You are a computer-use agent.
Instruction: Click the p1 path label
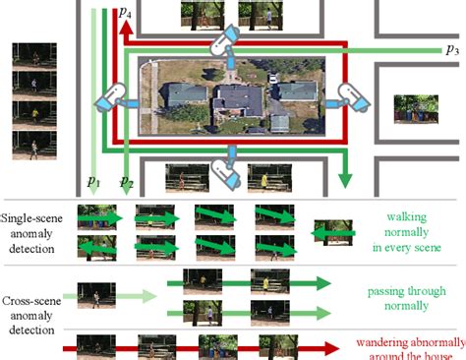point(92,181)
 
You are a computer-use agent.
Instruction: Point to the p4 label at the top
point(127,12)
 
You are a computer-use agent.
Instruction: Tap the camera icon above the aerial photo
point(227,40)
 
